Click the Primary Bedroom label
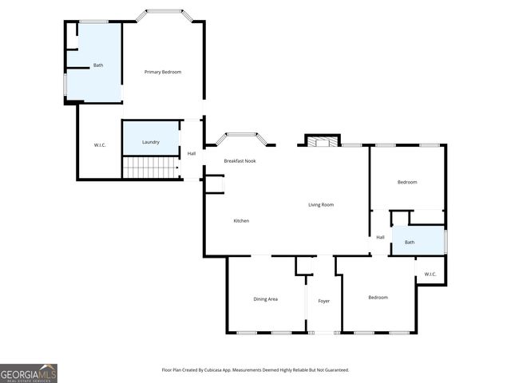click(x=162, y=72)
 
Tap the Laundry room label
click(x=151, y=142)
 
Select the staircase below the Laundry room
click(x=150, y=168)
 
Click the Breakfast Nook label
click(x=240, y=161)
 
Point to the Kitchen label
click(x=241, y=220)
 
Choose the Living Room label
click(x=321, y=205)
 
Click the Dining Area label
click(x=265, y=298)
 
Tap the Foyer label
click(x=324, y=301)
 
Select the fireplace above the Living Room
click(x=323, y=141)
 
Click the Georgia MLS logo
click(x=29, y=373)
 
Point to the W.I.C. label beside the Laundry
click(x=100, y=144)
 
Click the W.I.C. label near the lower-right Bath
click(x=430, y=274)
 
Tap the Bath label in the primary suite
click(x=98, y=65)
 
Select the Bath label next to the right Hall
click(x=410, y=242)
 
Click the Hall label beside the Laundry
click(x=192, y=153)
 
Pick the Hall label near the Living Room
click(x=380, y=237)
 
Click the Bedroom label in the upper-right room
click(x=407, y=182)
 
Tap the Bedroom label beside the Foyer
click(x=378, y=298)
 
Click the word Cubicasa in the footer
click(x=227, y=370)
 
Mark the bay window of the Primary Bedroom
click(x=162, y=13)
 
